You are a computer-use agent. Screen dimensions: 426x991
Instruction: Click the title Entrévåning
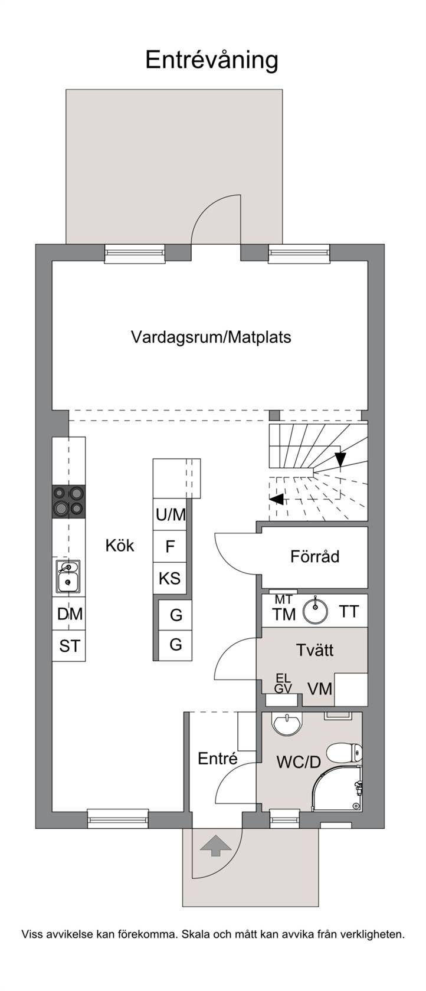211,60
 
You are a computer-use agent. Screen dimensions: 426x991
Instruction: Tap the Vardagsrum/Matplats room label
211,337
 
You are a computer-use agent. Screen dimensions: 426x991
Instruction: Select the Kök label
119,546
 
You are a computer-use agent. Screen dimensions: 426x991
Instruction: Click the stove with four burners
69,501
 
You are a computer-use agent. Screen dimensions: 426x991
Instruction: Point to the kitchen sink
68,576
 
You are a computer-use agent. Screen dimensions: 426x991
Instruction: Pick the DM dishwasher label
70,614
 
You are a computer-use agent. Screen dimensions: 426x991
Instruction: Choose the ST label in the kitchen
70,647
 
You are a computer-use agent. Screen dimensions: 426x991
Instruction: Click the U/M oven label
171,514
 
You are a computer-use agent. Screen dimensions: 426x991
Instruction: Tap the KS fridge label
170,578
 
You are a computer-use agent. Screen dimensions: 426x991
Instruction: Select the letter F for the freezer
170,547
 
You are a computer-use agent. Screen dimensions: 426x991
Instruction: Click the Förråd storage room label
314,556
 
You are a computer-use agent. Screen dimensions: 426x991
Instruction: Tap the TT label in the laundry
349,612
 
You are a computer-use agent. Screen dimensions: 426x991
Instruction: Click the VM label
320,689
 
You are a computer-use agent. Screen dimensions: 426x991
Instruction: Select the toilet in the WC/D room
344,752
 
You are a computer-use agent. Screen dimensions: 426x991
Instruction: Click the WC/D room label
299,762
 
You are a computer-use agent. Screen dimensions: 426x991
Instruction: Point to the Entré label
218,759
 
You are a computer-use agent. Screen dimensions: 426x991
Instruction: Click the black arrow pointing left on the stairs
277,500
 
